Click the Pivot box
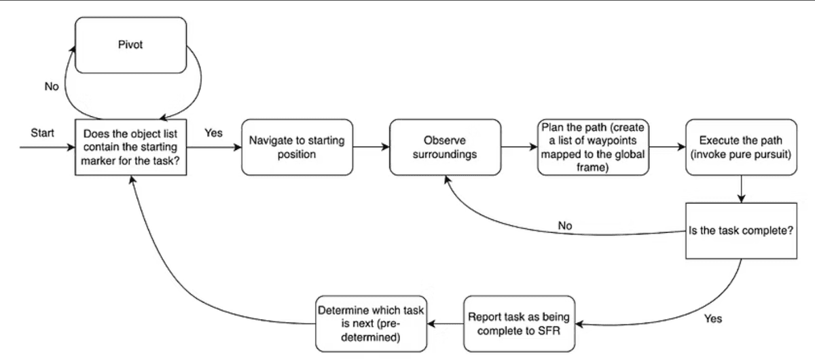point(130,44)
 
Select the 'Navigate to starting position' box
point(296,147)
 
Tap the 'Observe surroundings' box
point(445,147)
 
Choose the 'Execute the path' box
point(740,147)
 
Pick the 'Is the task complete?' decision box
point(740,230)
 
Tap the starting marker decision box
point(130,147)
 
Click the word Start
point(42,132)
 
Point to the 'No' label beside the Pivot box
point(52,87)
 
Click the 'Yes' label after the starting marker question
point(213,133)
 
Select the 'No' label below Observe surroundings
point(565,225)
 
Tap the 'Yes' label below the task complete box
point(713,319)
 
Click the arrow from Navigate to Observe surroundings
point(369,146)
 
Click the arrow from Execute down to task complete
point(740,189)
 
